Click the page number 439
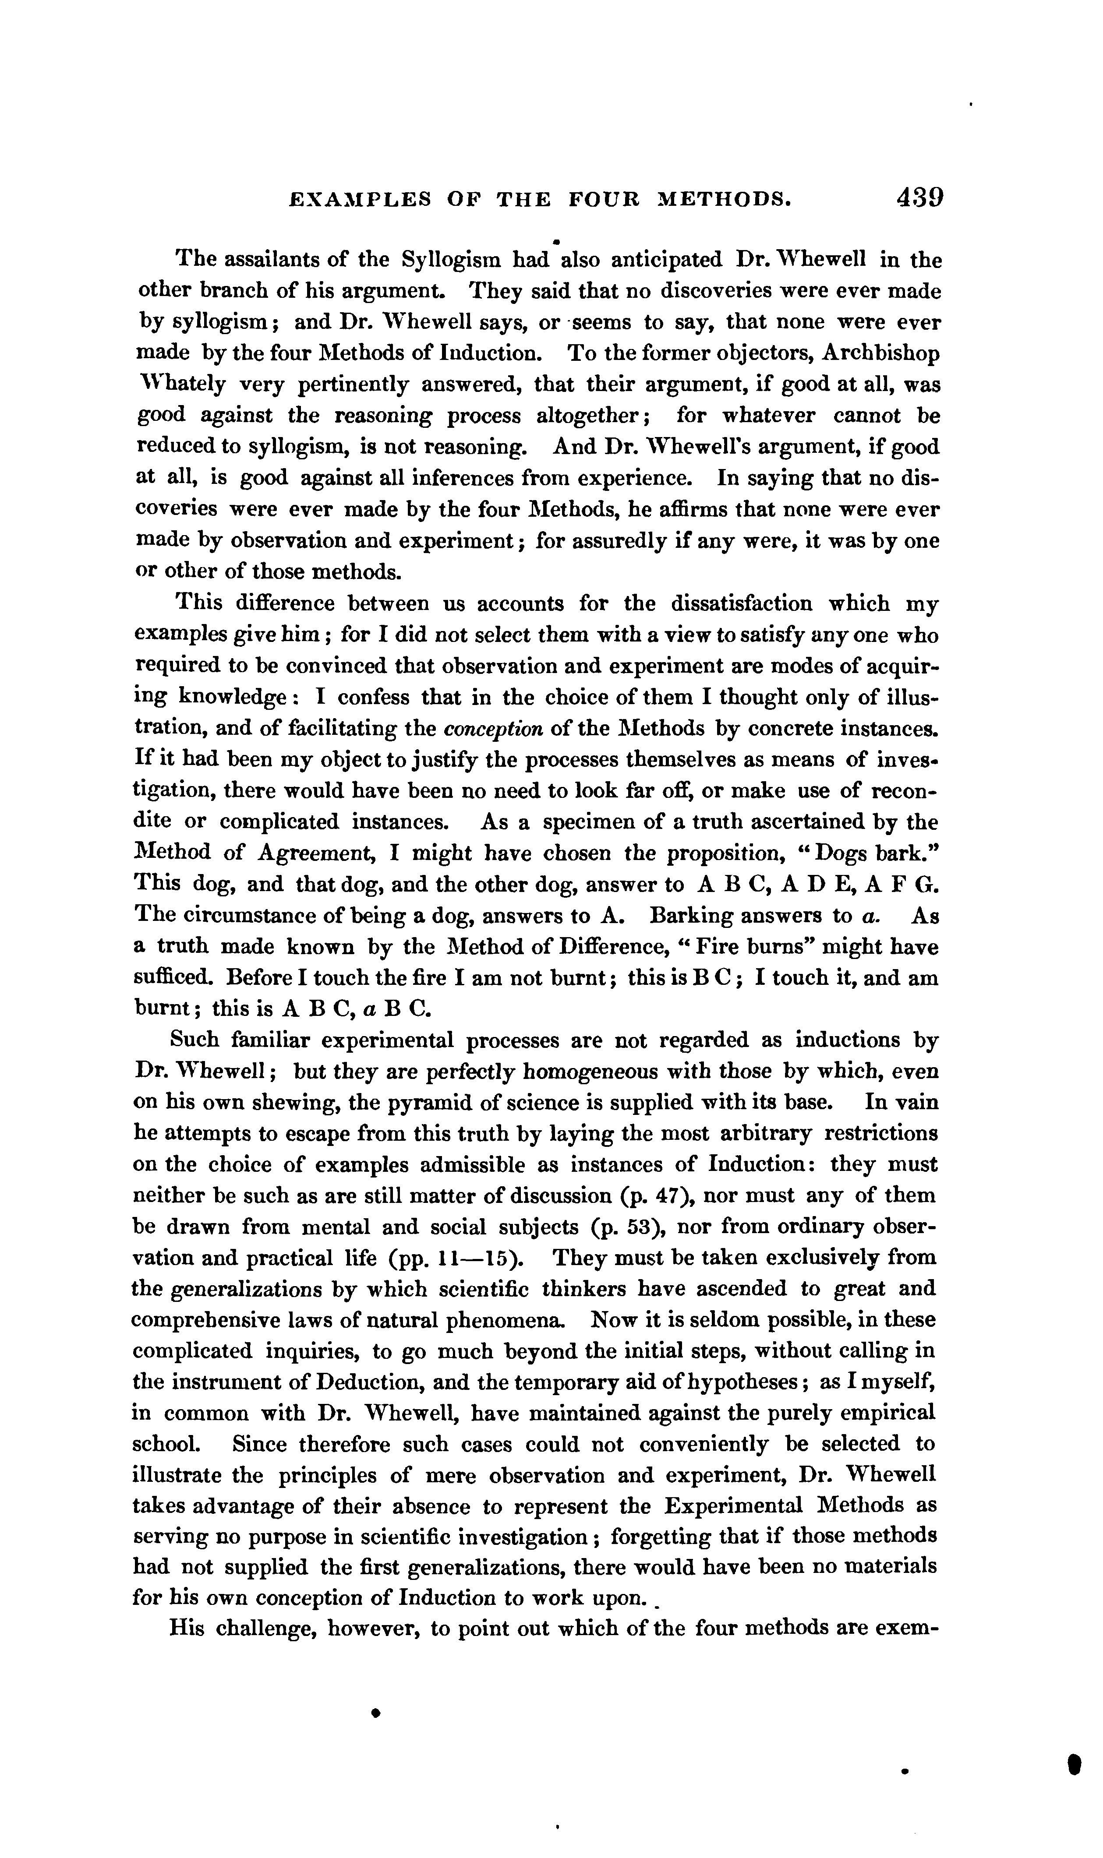pyautogui.click(x=919, y=197)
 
